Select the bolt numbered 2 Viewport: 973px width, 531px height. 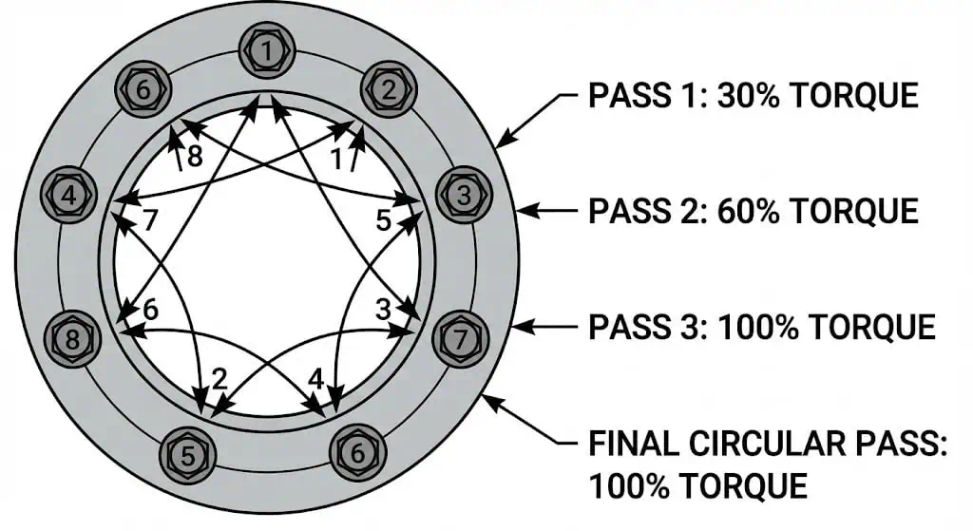click(389, 90)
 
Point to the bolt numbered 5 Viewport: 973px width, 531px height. click(187, 456)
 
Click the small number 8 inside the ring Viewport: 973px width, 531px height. click(194, 157)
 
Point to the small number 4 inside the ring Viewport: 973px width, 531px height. click(316, 378)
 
